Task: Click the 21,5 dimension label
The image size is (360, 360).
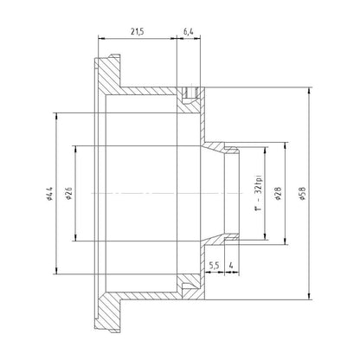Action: tap(137, 32)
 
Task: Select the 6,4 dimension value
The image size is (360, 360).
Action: tap(189, 32)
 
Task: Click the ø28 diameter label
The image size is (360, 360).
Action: tap(279, 194)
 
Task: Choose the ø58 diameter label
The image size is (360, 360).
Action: tap(303, 194)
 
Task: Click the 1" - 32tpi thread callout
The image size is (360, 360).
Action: tap(259, 192)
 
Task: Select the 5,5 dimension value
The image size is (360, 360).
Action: tap(215, 266)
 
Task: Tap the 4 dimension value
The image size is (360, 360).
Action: tap(231, 266)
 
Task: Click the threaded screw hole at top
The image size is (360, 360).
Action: tap(190, 93)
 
